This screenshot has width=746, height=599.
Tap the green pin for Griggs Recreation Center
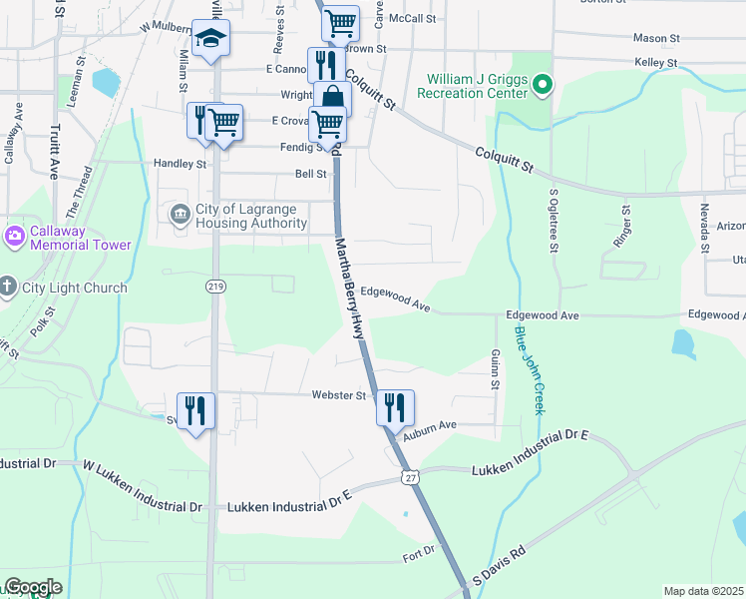coord(543,84)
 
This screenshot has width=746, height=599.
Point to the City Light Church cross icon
coord(7,288)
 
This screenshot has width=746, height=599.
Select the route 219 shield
coord(214,286)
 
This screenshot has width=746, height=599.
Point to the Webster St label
coord(339,395)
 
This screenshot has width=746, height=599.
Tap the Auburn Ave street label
coord(431,426)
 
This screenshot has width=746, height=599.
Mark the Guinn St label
coord(495,367)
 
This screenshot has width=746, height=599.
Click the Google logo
coord(33,587)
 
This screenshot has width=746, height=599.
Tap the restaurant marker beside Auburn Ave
coord(395,406)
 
